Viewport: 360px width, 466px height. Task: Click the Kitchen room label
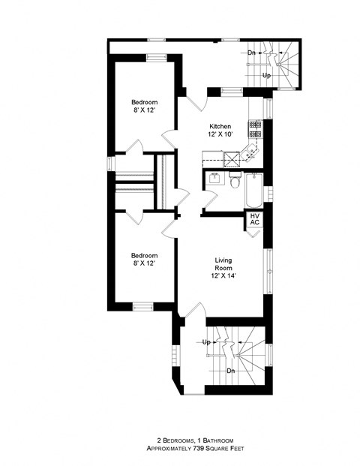pyautogui.click(x=220, y=125)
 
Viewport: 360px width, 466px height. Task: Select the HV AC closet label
pyautogui.click(x=254, y=219)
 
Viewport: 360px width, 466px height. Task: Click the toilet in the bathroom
pyautogui.click(x=234, y=182)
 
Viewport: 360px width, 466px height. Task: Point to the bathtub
pyautogui.click(x=253, y=191)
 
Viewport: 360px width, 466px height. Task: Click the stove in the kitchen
pyautogui.click(x=254, y=128)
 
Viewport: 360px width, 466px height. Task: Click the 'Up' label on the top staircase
pyautogui.click(x=266, y=75)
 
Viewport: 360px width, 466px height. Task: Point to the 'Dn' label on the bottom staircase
pyautogui.click(x=232, y=370)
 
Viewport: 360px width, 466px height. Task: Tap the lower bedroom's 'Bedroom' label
pyautogui.click(x=145, y=255)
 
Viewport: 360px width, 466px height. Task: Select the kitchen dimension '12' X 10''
pyautogui.click(x=220, y=134)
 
